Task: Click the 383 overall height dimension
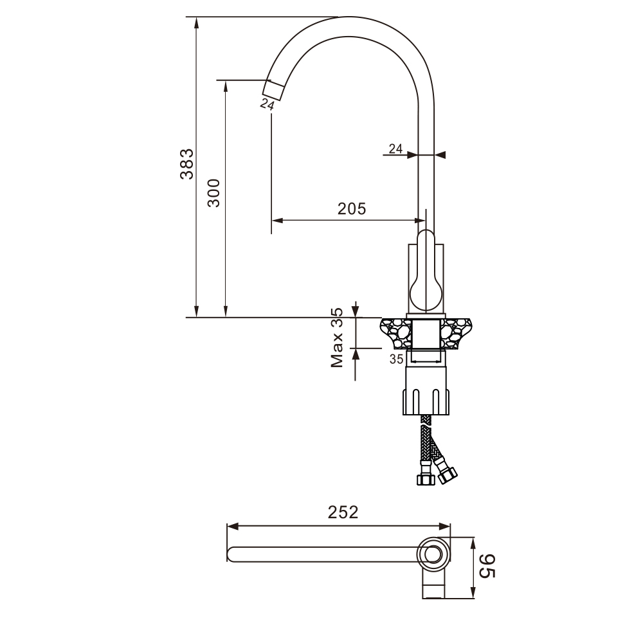click(x=186, y=163)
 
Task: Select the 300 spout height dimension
click(x=213, y=193)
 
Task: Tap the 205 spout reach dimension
click(x=352, y=209)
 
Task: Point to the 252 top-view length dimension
click(x=343, y=512)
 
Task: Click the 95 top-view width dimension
click(x=487, y=566)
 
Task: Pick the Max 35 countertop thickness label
click(x=337, y=338)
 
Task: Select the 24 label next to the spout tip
click(x=267, y=104)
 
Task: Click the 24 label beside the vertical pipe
click(x=395, y=149)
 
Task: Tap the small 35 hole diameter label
click(x=396, y=359)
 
